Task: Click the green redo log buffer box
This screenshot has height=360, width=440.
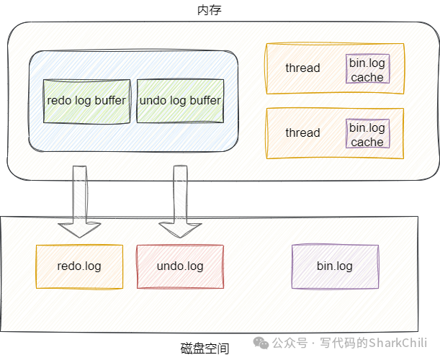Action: click(86, 102)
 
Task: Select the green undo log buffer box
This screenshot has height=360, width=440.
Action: click(180, 102)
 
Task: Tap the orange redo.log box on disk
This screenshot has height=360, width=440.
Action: click(79, 266)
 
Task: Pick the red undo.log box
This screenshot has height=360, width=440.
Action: click(180, 266)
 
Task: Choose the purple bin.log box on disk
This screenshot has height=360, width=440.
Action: click(335, 266)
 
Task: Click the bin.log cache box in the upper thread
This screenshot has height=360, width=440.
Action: click(367, 68)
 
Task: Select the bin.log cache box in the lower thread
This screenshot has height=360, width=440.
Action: click(367, 134)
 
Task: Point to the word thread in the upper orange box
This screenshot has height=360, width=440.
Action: click(302, 68)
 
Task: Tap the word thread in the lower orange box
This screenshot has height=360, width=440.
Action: click(302, 133)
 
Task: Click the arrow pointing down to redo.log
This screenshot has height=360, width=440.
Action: click(79, 202)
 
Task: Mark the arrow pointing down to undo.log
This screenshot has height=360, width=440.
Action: click(180, 202)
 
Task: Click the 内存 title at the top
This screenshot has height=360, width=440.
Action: click(210, 10)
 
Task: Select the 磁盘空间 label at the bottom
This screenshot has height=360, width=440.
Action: click(205, 348)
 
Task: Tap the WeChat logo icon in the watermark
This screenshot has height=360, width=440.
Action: click(261, 343)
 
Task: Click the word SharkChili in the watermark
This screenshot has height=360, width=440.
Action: click(398, 343)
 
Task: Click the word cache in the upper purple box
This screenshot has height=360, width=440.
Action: click(367, 78)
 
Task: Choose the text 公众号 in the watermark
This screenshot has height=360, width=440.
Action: click(290, 343)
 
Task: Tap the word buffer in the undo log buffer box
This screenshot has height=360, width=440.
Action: click(205, 101)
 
